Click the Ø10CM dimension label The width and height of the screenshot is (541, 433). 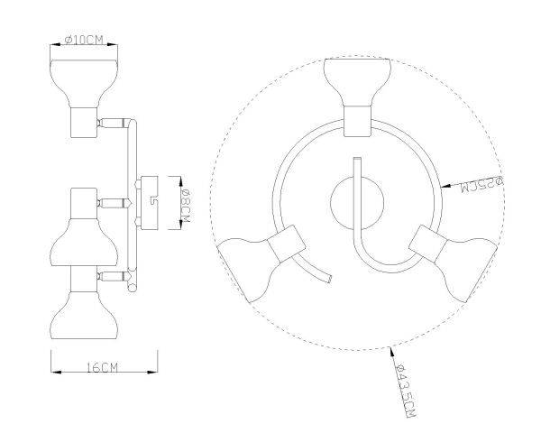point(84,40)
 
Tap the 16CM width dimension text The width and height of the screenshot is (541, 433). point(103,367)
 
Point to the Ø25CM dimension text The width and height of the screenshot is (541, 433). point(482,184)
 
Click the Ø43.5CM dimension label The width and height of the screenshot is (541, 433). point(406,391)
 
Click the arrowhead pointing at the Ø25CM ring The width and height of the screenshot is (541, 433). point(446,187)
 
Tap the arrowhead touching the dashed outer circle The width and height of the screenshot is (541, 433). point(392,351)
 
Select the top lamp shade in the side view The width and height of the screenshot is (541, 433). point(84,83)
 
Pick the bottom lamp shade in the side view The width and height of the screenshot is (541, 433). point(84,315)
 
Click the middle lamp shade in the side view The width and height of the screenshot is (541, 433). point(84,242)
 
